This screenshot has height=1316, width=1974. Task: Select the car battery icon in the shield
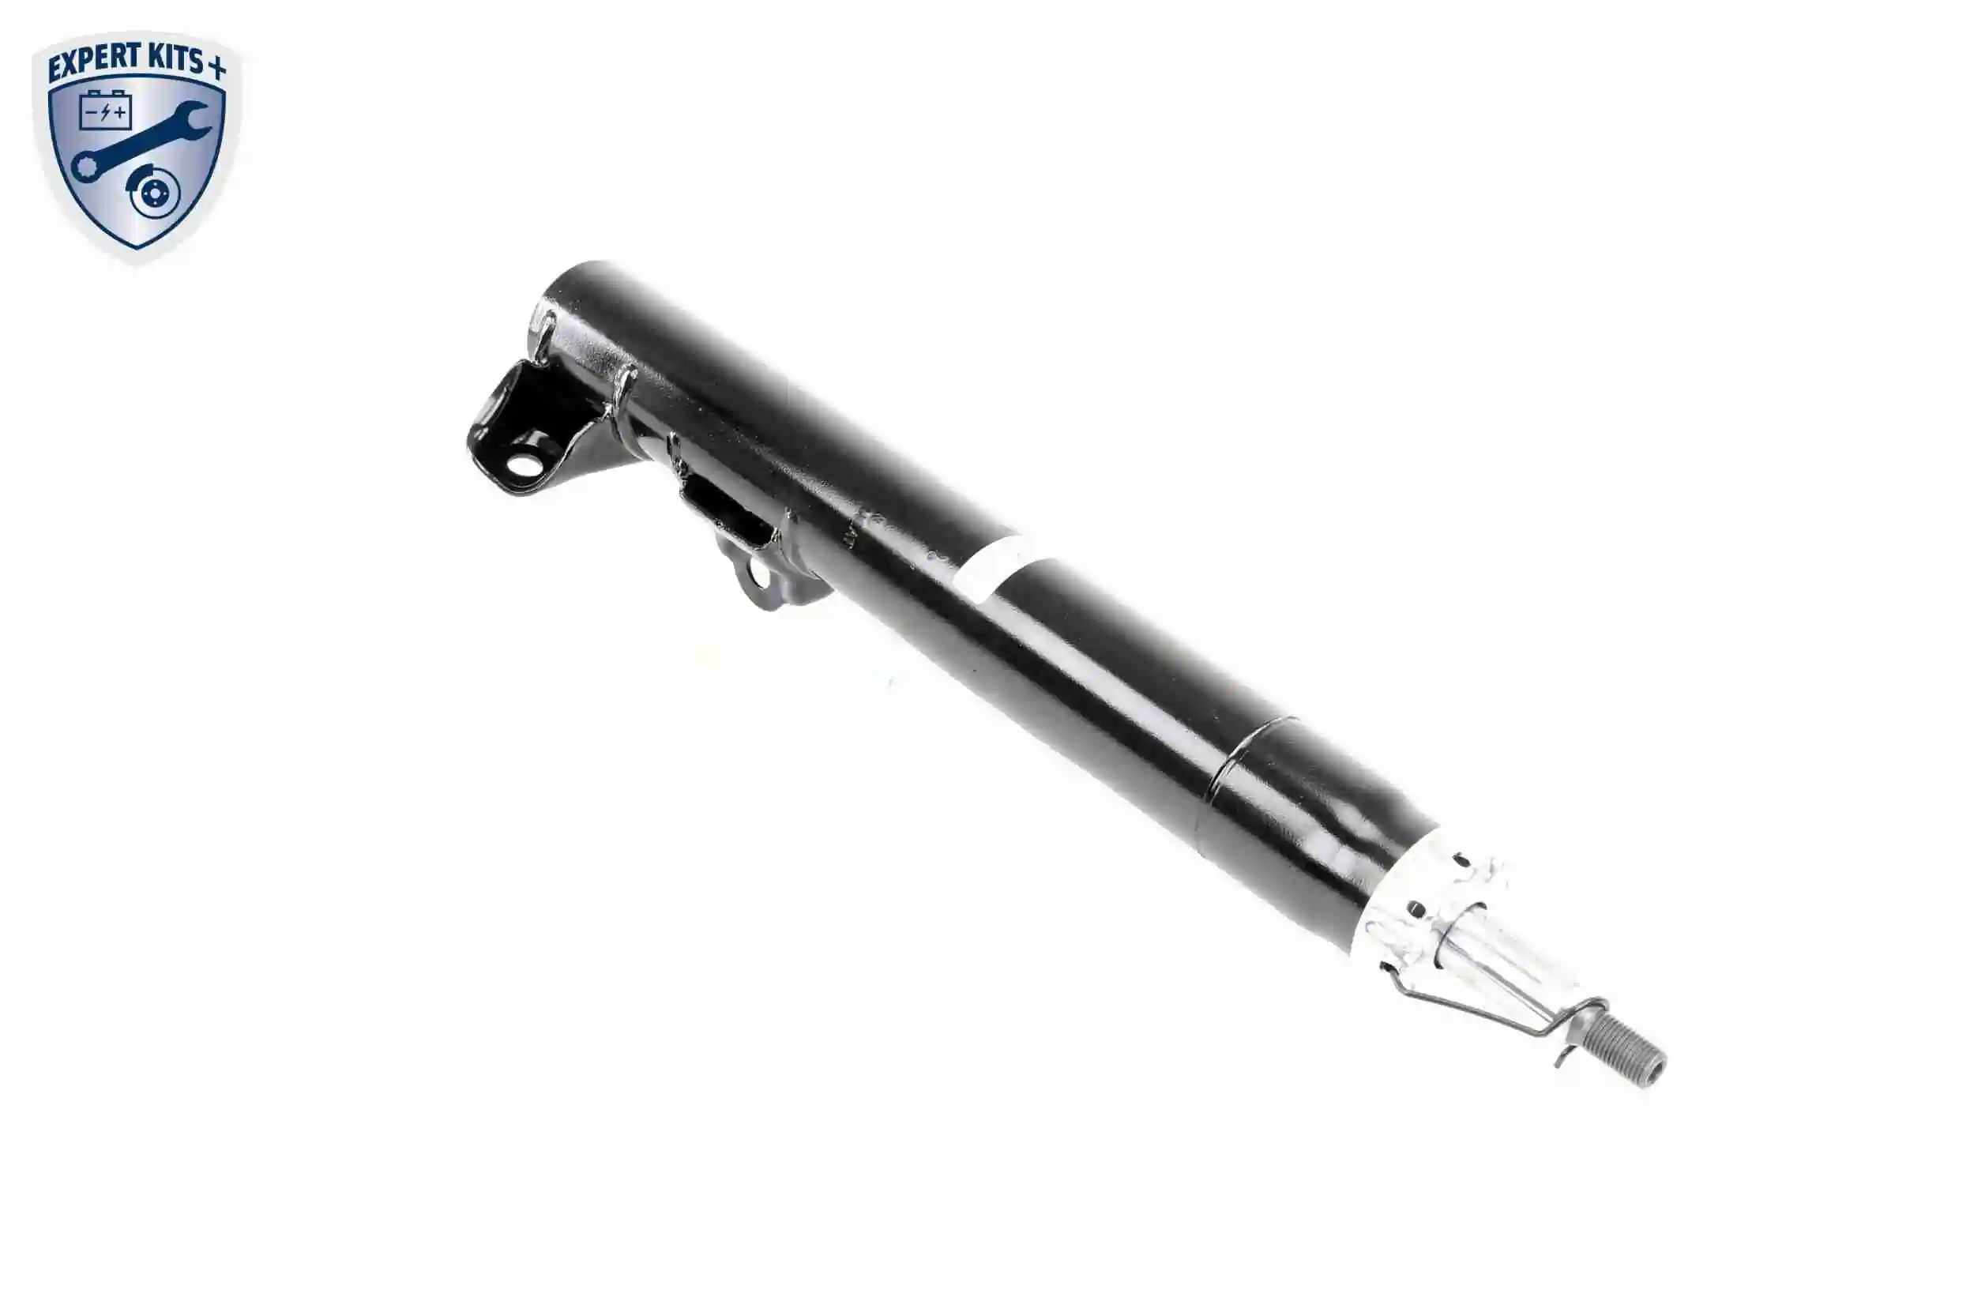(105, 110)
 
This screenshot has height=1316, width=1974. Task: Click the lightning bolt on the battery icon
(105, 112)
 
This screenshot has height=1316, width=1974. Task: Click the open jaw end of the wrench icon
(192, 119)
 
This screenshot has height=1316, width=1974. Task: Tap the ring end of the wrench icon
(85, 166)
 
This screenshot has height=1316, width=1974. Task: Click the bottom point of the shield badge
(137, 250)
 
